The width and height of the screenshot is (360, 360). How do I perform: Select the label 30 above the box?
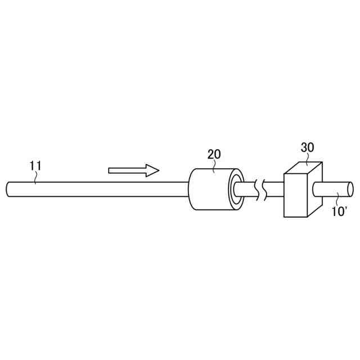307,148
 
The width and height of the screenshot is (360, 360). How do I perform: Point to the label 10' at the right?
340,213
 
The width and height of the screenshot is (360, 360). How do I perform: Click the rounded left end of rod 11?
9,188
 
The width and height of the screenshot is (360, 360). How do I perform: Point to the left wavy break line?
257,190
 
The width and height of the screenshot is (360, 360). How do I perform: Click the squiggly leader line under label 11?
35,177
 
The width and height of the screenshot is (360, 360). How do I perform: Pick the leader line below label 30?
307,160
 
